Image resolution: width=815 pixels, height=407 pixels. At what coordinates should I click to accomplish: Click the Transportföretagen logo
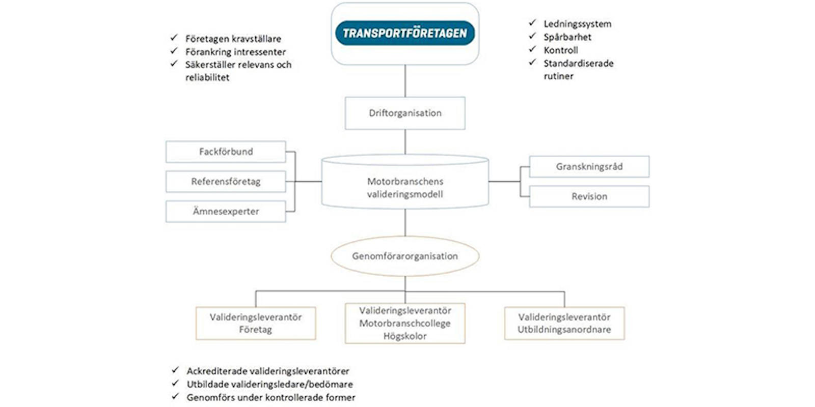point(405,33)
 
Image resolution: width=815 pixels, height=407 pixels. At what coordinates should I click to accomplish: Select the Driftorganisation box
point(405,113)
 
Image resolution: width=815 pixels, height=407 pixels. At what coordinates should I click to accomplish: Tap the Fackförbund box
point(226,152)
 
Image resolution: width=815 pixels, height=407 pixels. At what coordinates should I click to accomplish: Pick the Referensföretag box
point(226,181)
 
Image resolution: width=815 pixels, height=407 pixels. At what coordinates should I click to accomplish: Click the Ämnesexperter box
point(226,211)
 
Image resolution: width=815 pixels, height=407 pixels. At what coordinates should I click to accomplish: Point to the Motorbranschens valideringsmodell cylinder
point(405,182)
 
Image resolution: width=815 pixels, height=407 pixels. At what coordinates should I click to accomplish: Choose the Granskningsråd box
point(589,166)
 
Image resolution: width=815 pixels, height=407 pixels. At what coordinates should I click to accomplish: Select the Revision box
point(589,196)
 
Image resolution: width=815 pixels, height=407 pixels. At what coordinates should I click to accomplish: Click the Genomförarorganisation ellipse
point(405,256)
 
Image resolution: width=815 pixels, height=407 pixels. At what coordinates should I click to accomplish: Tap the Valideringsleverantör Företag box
point(256,323)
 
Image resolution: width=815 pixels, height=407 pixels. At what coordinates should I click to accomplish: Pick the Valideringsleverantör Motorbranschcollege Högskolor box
point(405,323)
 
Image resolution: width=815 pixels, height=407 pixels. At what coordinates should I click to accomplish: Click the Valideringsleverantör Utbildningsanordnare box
point(564,323)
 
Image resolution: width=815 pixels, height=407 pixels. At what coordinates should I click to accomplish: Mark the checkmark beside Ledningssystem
point(532,23)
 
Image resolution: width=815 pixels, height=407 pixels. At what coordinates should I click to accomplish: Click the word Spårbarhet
point(567,37)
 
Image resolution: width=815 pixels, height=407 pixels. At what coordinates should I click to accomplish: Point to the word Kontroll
point(561,50)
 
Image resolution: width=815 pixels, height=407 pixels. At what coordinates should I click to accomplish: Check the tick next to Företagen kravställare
point(174,38)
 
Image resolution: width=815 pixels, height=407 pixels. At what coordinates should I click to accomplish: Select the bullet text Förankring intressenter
point(235,51)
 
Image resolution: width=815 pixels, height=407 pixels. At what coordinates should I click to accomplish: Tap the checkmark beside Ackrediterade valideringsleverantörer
point(175,370)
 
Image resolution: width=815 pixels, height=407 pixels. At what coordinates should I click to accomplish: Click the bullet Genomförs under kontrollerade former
point(271,397)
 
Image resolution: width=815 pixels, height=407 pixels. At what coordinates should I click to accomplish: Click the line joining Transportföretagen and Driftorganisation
point(405,81)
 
